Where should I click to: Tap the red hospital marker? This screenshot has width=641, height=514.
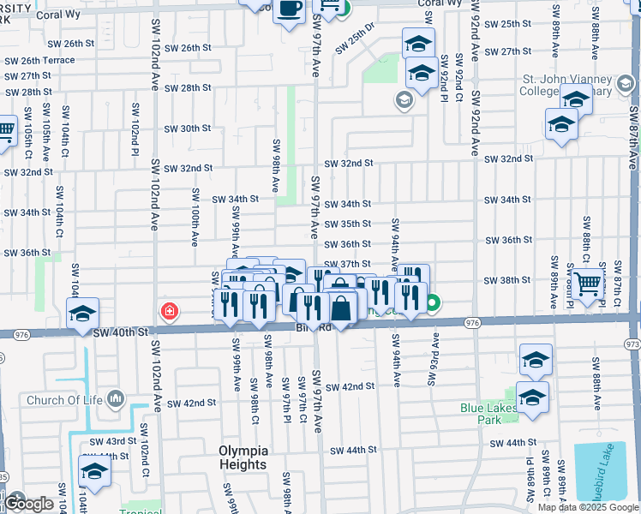[x=170, y=311]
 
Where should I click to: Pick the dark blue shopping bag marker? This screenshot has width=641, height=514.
[x=341, y=308]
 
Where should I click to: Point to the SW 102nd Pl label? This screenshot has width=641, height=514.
[x=135, y=128]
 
